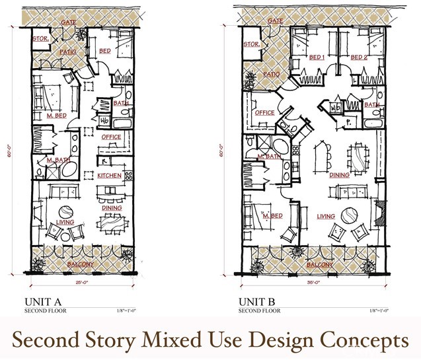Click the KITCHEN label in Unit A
(x=109, y=176)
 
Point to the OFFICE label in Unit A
(x=111, y=137)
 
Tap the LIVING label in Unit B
(x=325, y=216)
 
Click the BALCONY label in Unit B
(x=320, y=265)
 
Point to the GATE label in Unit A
(x=69, y=22)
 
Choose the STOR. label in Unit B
(x=251, y=44)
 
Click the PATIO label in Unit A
(x=67, y=52)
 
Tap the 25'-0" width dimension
(x=83, y=282)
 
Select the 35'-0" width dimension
(x=313, y=282)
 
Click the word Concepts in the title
(x=364, y=340)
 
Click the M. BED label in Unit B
(x=273, y=216)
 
